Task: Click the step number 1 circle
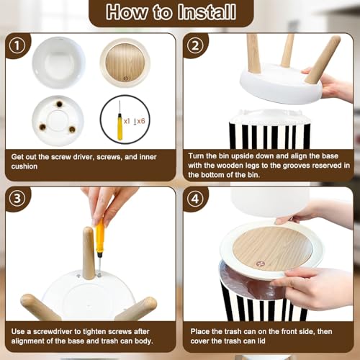click(x=17, y=45)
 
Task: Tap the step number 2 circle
click(x=195, y=45)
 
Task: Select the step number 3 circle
click(x=17, y=199)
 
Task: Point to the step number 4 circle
click(x=195, y=199)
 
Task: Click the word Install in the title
click(x=207, y=12)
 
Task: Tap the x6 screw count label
click(x=141, y=121)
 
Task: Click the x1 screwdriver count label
click(x=127, y=121)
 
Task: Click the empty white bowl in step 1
click(x=58, y=63)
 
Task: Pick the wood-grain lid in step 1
click(x=125, y=63)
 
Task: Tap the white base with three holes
click(x=58, y=121)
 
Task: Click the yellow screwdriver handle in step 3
click(x=100, y=237)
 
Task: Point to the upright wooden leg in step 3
click(x=89, y=253)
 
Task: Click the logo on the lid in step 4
click(x=260, y=264)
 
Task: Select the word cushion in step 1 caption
click(x=24, y=166)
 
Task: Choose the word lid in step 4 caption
click(x=261, y=341)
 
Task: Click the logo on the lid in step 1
click(x=126, y=78)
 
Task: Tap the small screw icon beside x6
click(x=135, y=122)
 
